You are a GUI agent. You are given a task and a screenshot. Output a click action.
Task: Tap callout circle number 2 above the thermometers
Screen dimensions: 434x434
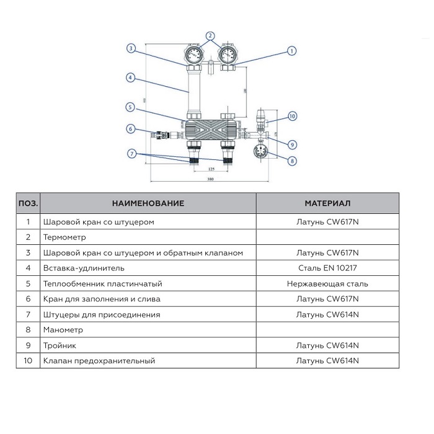coord(210,35)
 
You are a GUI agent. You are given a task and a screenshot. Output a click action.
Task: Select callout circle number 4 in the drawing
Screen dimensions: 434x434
coord(130,78)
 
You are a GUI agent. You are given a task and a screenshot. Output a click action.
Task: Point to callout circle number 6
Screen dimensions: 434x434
coord(130,129)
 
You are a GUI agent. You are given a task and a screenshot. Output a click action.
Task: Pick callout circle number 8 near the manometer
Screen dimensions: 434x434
coord(293,161)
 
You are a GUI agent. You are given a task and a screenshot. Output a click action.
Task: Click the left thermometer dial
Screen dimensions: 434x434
coord(193,55)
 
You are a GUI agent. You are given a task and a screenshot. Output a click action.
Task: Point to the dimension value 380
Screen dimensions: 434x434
coord(210,179)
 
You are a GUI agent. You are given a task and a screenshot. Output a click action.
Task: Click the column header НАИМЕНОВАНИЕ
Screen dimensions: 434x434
coord(148,203)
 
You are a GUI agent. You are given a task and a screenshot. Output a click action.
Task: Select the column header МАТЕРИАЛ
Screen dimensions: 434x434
coord(327,203)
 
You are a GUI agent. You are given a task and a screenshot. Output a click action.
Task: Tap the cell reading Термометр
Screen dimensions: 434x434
coord(64,237)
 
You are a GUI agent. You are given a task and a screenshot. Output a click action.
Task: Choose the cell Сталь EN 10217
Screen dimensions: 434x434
coord(327,268)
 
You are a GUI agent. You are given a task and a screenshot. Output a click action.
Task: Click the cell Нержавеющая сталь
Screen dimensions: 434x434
coord(327,283)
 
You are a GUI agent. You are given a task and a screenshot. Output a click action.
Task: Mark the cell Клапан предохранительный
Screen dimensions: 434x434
coord(99,360)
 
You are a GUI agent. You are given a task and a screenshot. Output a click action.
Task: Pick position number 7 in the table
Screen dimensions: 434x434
coord(28,314)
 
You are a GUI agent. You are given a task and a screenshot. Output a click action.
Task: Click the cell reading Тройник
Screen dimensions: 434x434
coord(60,345)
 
